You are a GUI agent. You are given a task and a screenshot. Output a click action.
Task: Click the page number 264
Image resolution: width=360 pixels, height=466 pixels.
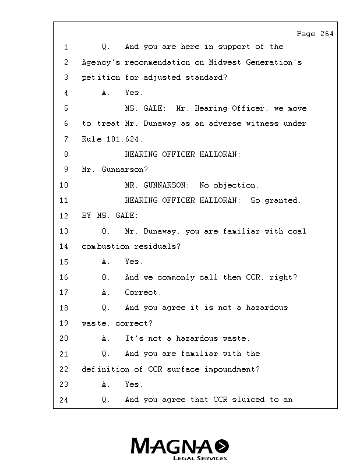coord(327,34)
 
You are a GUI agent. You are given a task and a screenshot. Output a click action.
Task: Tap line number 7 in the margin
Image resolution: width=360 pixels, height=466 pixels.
coord(66,139)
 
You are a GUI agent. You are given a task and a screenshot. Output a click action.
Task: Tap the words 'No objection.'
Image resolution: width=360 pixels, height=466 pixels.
coord(230,185)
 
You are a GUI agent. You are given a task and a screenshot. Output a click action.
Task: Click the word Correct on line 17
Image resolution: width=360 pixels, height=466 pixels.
coord(143,292)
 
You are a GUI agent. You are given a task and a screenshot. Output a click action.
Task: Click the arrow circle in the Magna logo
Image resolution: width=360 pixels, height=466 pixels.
coord(222,446)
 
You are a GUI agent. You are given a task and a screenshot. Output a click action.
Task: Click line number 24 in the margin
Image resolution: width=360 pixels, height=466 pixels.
coord(64,400)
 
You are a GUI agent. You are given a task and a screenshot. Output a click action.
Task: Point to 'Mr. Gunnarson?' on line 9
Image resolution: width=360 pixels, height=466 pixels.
coord(115,170)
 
